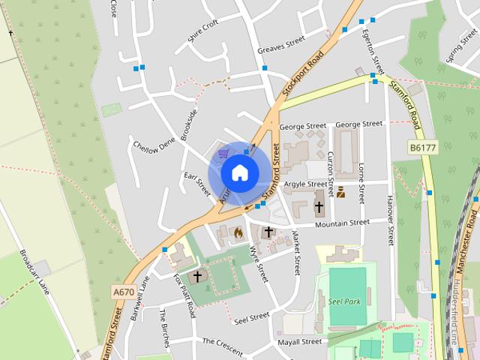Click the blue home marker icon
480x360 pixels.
tap(239, 172)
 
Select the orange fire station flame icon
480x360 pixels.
tap(238, 232)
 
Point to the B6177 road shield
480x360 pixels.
tap(422, 148)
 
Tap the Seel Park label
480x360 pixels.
tap(345, 302)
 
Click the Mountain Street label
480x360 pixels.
tap(342, 223)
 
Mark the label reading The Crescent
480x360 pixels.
tap(223, 340)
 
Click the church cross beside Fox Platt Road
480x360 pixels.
tap(197, 276)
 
